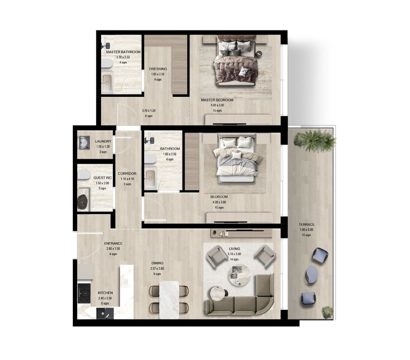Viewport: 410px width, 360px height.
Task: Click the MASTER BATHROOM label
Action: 123,52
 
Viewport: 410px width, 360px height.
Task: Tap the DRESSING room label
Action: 158,69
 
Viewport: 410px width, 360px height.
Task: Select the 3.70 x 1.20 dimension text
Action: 148,111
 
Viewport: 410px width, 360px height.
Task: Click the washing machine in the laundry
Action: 84,143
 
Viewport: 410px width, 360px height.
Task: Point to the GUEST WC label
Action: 102,178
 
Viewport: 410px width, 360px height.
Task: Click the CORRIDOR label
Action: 127,174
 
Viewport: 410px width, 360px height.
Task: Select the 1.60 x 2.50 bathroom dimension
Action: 170,154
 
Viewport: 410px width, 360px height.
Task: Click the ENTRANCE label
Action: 113,244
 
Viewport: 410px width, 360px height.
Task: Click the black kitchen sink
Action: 105,313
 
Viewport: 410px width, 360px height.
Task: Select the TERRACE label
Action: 306,225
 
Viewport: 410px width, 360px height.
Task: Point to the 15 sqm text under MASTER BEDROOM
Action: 217,111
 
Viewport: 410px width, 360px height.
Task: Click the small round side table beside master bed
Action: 259,54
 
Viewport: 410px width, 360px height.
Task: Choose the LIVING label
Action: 235,249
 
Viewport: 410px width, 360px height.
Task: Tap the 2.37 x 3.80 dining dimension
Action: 157,268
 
